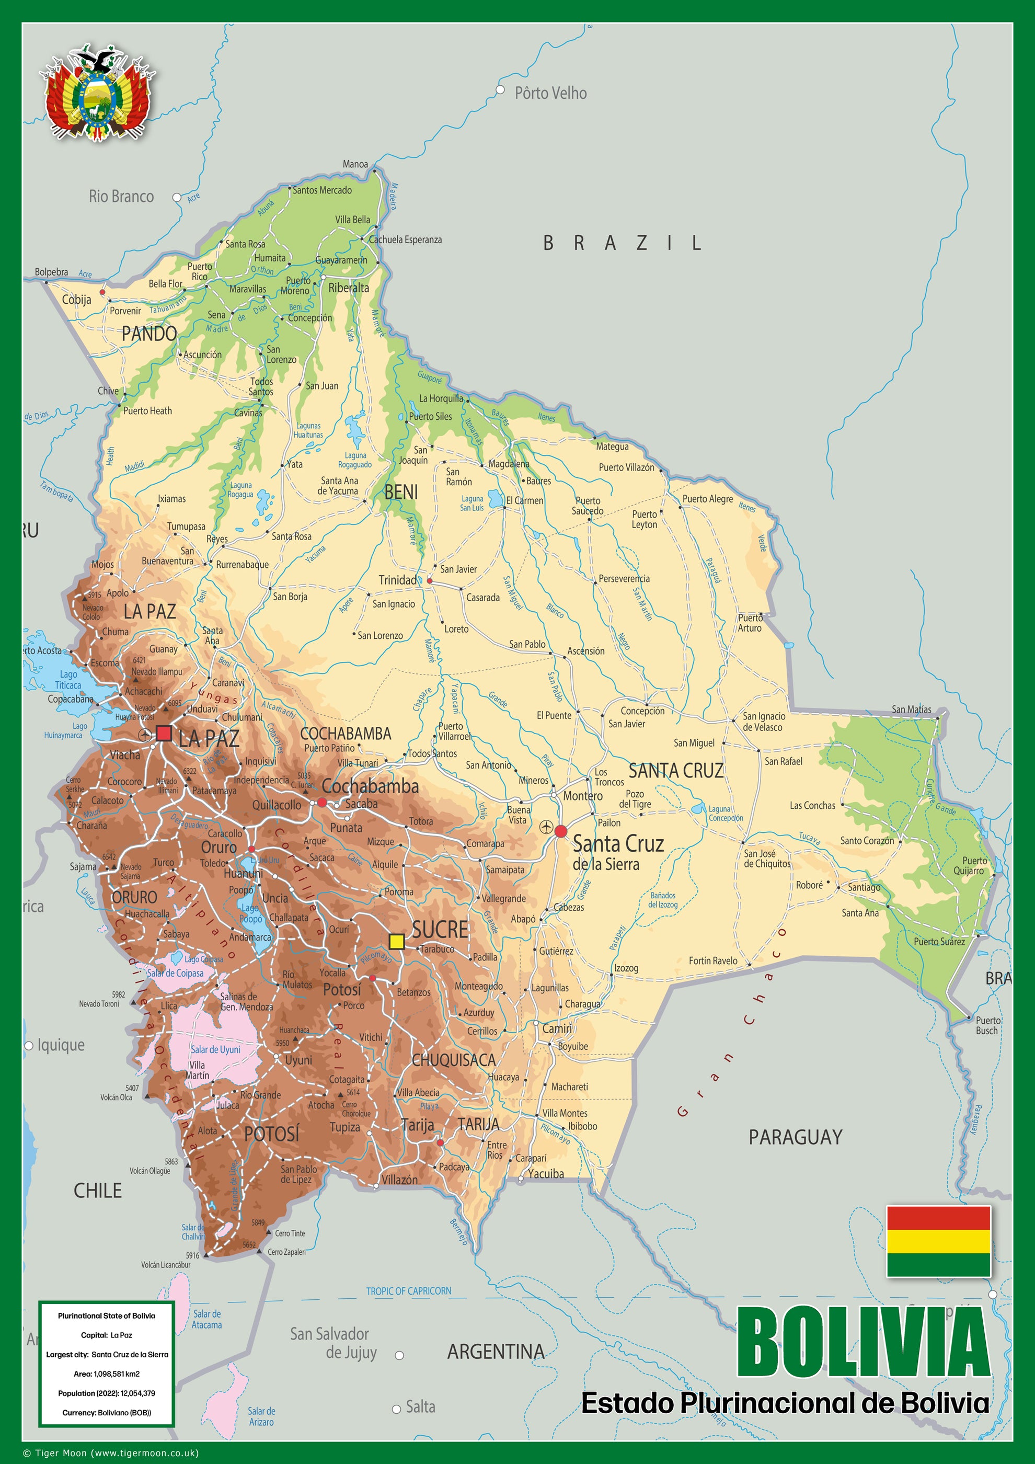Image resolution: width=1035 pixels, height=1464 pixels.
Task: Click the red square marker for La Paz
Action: [x=164, y=733]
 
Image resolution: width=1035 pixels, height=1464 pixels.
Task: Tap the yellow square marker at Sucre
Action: [x=396, y=942]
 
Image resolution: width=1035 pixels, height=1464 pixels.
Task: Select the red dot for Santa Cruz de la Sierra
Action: [x=561, y=831]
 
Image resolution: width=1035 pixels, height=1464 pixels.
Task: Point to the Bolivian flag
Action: [x=938, y=1241]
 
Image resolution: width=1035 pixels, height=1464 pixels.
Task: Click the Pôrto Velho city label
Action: [x=550, y=93]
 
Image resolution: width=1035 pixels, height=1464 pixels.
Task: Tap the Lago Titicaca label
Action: [x=68, y=680]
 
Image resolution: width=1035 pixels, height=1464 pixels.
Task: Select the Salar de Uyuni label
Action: [x=215, y=1049]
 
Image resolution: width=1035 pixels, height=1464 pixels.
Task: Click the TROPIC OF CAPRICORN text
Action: [x=409, y=1291]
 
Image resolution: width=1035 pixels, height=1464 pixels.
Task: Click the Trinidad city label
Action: [x=398, y=580]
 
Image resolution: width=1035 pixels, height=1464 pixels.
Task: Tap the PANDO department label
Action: [x=149, y=334]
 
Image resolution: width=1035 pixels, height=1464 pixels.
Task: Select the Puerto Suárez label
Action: [x=939, y=942]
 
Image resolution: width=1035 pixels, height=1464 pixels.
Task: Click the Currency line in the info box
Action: [x=107, y=1413]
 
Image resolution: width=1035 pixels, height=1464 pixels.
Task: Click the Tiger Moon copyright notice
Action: [x=111, y=1453]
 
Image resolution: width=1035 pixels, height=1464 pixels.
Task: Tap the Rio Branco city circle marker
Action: [x=177, y=198]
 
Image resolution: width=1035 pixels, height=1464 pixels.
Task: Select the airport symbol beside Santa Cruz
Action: [x=546, y=827]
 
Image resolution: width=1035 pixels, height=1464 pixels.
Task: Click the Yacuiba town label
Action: [x=546, y=1174]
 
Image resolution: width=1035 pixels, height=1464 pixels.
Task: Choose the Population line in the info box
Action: [x=107, y=1393]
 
